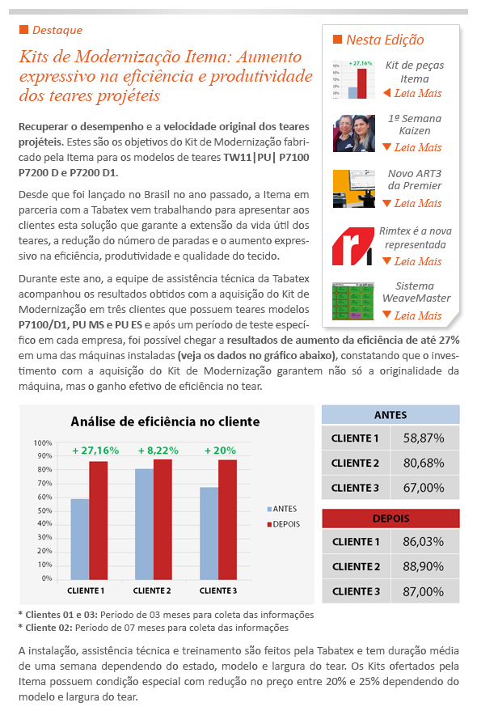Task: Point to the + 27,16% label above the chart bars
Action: coord(95,451)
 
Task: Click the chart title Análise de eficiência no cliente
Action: coord(165,421)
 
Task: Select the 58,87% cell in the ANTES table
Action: coord(424,438)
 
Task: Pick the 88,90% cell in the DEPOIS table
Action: coord(424,566)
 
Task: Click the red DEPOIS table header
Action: coord(390,518)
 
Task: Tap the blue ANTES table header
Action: coord(390,414)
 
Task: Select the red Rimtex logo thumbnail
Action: coord(352,246)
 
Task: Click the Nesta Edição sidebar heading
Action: coord(384,40)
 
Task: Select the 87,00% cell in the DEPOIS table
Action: coord(424,591)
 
